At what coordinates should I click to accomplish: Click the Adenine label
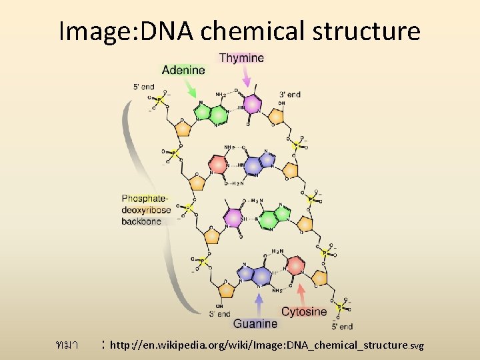tap(183, 69)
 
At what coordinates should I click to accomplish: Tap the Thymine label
tap(241, 58)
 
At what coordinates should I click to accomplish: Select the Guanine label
tap(255, 323)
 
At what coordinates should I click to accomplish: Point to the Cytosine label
tap(304, 311)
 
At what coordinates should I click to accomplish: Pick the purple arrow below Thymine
tap(245, 78)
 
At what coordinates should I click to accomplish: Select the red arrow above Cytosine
tap(301, 294)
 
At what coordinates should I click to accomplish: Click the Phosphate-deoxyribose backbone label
tap(146, 209)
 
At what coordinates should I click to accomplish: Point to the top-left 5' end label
tap(144, 86)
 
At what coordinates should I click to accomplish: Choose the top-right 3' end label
tap(290, 94)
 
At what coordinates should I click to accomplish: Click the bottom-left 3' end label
tap(219, 313)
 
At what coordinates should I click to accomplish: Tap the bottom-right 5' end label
tap(342, 327)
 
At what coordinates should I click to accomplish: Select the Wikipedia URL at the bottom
tap(267, 345)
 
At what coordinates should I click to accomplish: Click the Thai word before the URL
tap(67, 345)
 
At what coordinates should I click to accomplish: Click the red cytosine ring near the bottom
tap(296, 267)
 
